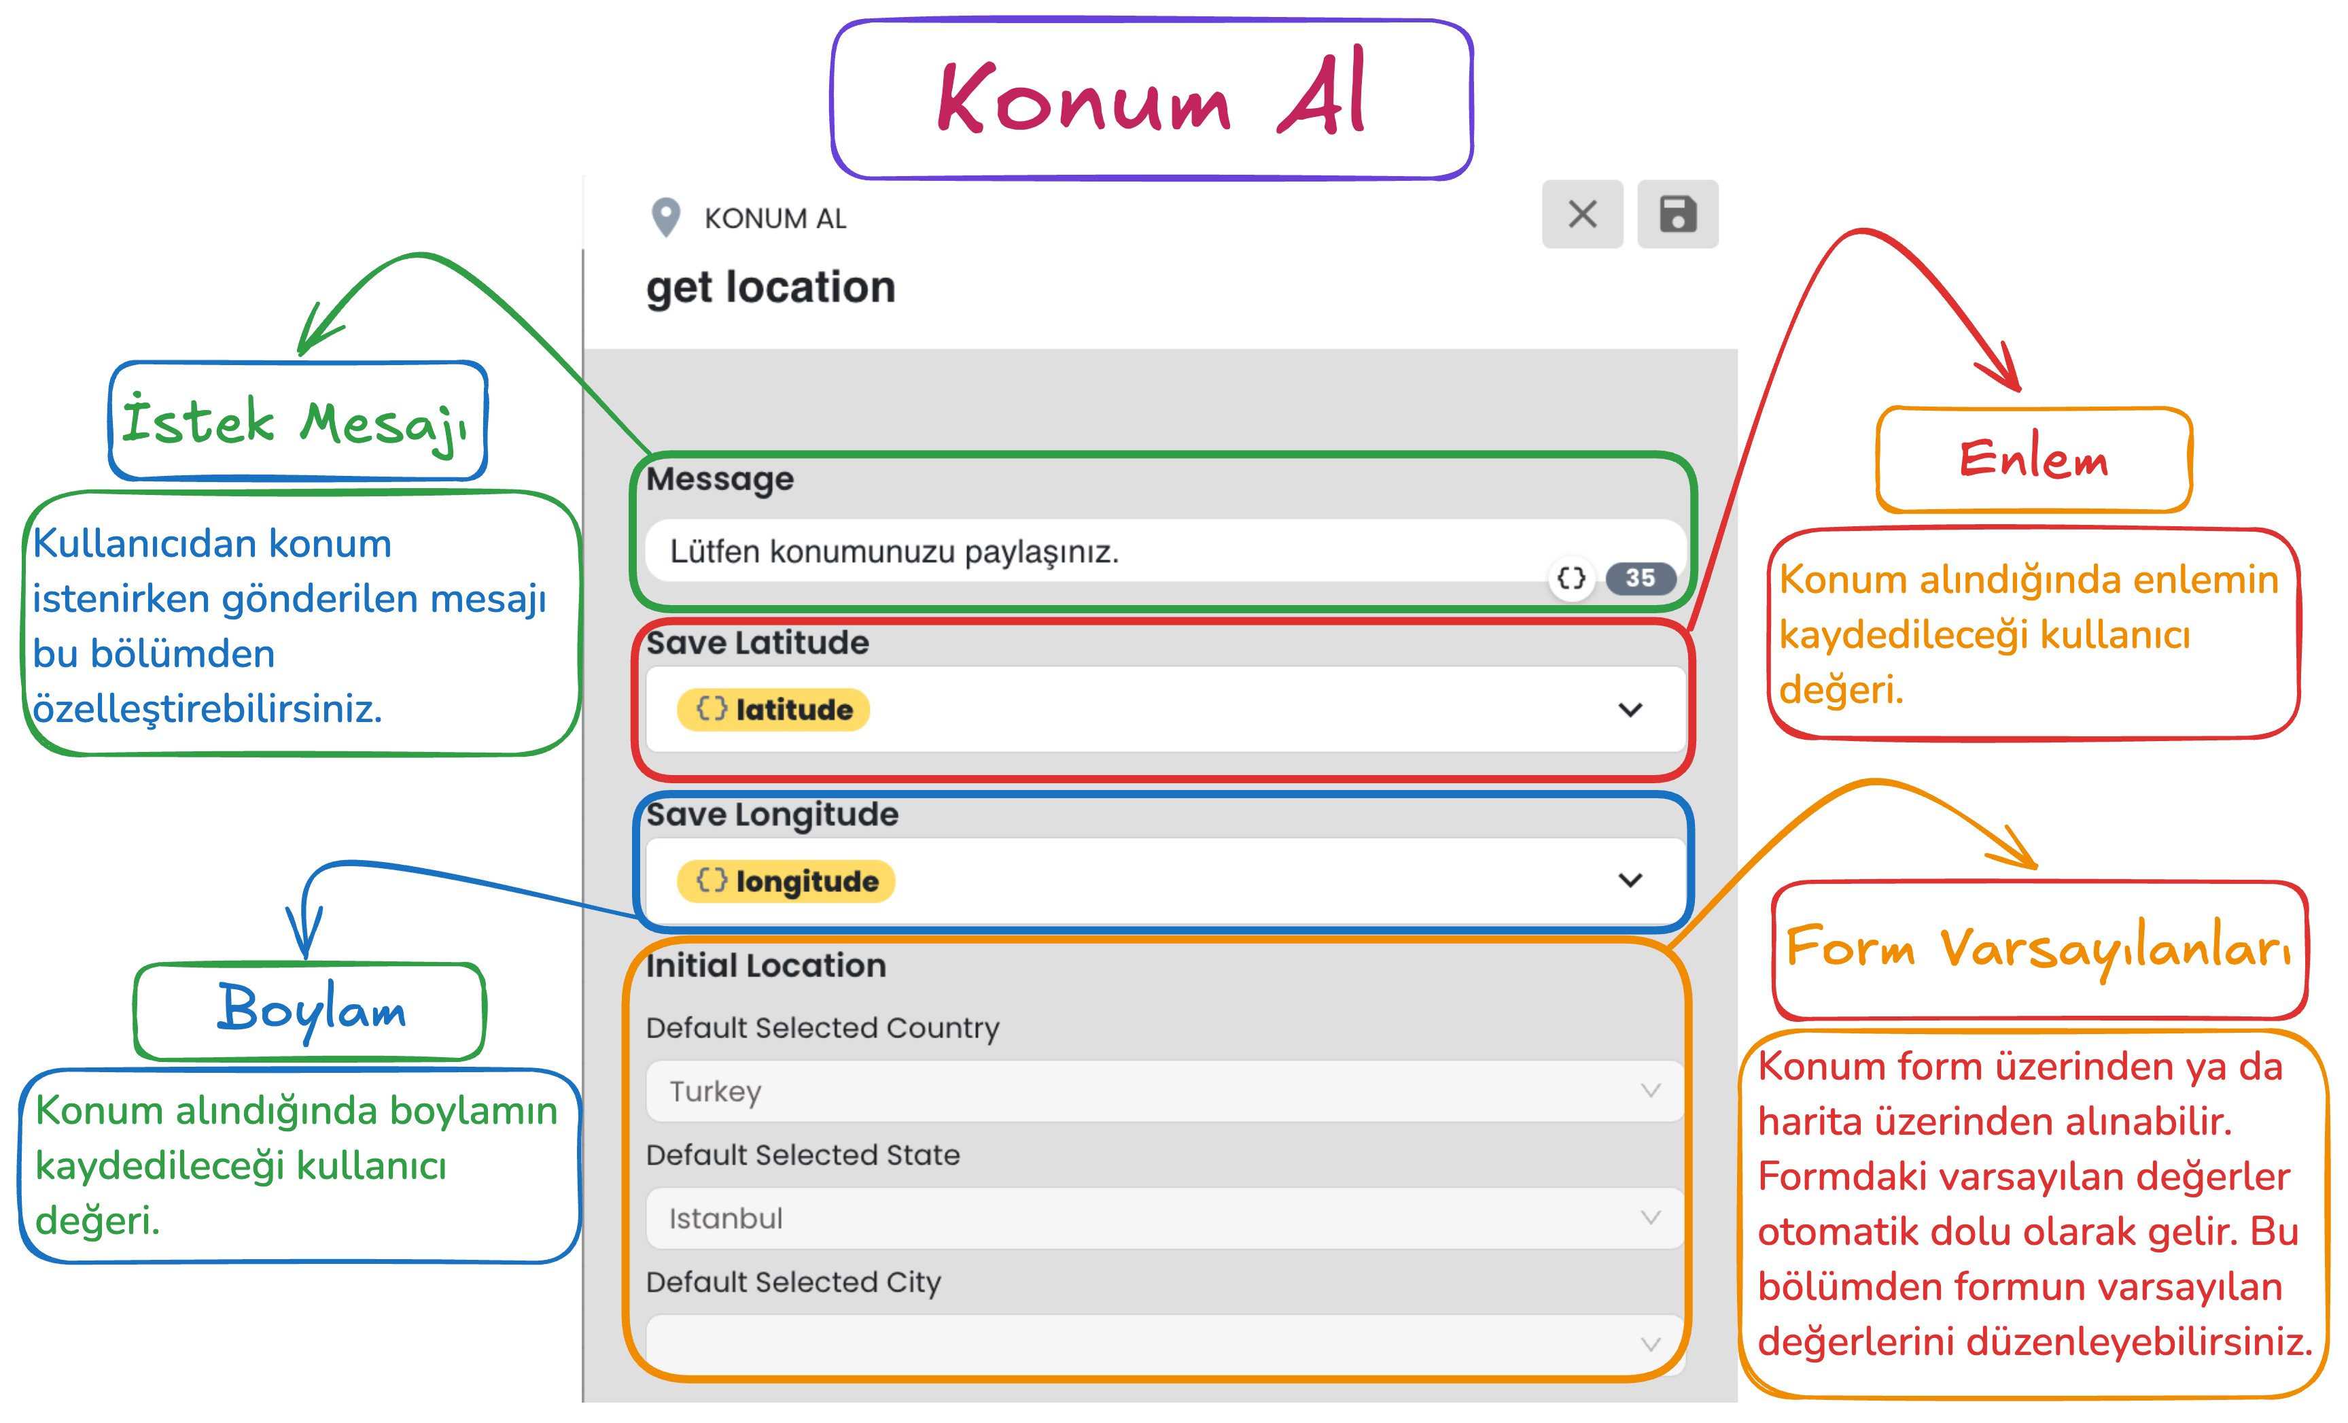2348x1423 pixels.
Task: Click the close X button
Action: (x=1582, y=214)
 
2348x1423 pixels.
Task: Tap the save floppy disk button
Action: (x=1677, y=214)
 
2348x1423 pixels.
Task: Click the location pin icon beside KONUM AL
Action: (x=665, y=218)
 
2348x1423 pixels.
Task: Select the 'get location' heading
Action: (x=771, y=288)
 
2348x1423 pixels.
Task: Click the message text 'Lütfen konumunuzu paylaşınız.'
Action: (x=894, y=552)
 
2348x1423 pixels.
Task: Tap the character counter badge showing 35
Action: (x=1640, y=578)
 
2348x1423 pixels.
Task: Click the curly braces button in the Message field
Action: (x=1571, y=578)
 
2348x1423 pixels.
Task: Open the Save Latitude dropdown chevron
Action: (x=1630, y=710)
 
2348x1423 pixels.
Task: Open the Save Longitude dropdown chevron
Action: (x=1630, y=880)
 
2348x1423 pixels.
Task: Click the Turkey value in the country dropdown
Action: (x=715, y=1091)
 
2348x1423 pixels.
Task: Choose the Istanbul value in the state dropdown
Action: (x=725, y=1218)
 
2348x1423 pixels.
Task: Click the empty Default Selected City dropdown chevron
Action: (x=1651, y=1344)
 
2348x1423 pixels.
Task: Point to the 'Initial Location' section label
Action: (x=766, y=965)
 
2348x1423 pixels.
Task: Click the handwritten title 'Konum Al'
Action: (x=1151, y=95)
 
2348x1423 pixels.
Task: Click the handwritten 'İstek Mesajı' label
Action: (x=296, y=423)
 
